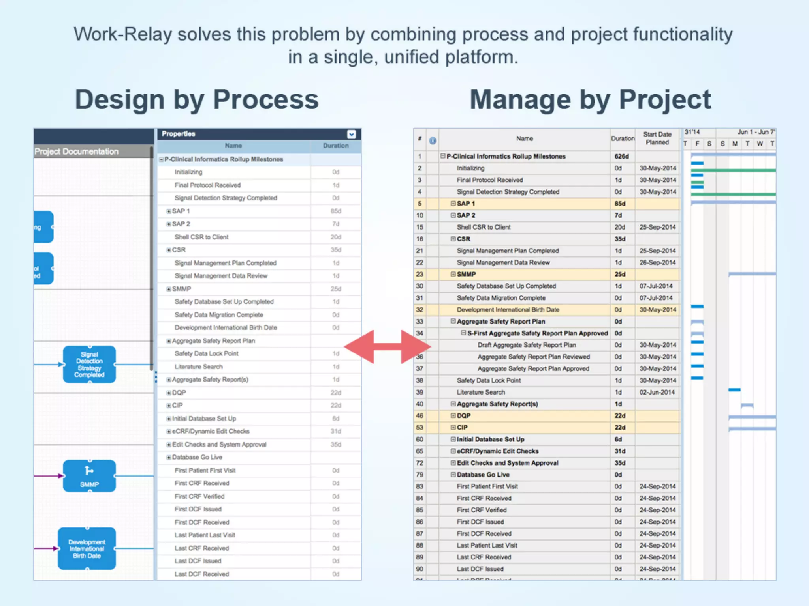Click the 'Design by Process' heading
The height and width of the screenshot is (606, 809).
click(197, 99)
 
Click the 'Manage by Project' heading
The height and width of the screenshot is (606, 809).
click(590, 99)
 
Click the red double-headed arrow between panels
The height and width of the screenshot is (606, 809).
click(387, 347)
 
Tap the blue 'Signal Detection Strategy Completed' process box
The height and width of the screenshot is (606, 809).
click(89, 365)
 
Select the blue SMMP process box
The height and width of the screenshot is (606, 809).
click(89, 476)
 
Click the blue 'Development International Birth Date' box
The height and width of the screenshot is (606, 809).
click(87, 549)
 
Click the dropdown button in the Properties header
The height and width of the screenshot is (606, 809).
click(351, 134)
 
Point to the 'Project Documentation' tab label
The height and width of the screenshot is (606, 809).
click(76, 151)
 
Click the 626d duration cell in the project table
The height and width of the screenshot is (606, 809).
click(621, 157)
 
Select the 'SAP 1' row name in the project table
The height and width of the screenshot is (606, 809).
click(466, 204)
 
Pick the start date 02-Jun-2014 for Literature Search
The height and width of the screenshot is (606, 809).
click(657, 392)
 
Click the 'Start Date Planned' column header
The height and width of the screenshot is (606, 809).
click(657, 138)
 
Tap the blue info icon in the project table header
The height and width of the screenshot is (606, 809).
click(433, 140)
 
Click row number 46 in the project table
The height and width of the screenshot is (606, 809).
click(420, 416)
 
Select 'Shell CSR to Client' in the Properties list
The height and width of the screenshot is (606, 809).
click(201, 237)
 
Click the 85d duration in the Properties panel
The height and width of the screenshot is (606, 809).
click(336, 211)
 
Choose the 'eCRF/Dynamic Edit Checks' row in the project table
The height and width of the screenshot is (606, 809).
click(497, 451)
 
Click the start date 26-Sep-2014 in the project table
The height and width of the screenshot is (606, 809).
click(657, 262)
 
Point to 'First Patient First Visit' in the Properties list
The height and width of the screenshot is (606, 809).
click(205, 470)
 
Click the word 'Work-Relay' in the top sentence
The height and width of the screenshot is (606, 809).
click(122, 34)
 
